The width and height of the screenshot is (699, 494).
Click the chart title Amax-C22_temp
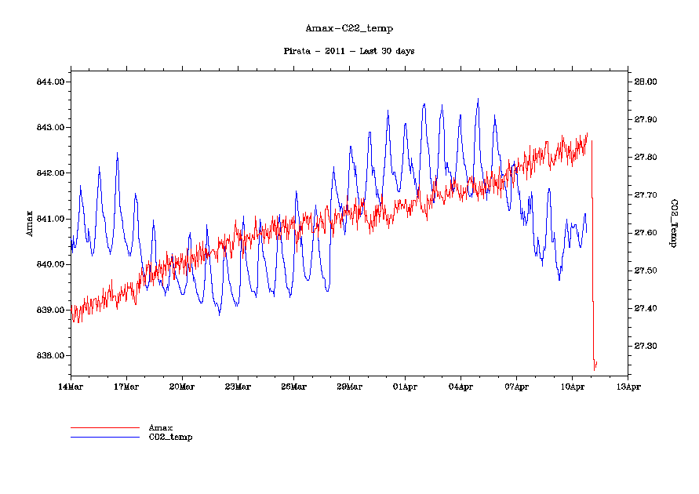348,28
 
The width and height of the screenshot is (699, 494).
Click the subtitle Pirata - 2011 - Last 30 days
348,51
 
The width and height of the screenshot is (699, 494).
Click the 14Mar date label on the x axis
71,387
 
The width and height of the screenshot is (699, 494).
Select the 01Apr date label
405,387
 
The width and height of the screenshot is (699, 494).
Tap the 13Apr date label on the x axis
628,387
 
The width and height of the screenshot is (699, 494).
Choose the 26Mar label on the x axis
293,387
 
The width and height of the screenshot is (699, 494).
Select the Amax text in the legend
161,427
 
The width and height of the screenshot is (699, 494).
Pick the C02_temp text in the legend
170,437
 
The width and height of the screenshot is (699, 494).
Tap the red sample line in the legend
104,427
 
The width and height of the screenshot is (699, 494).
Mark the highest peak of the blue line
478,99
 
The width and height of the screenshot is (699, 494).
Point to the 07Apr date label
516,387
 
